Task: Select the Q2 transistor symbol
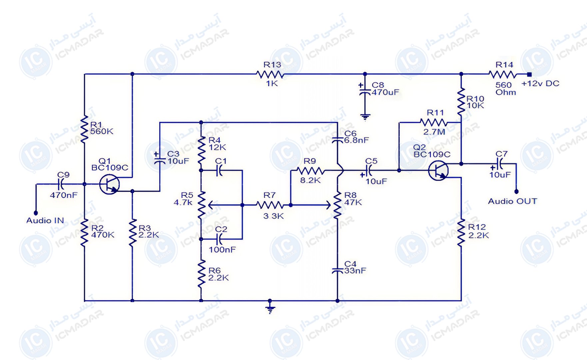click(x=438, y=170)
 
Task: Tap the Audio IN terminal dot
click(x=36, y=213)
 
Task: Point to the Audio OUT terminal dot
click(x=516, y=192)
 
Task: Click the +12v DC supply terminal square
click(x=529, y=74)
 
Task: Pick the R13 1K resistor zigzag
click(x=270, y=74)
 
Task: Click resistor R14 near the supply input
click(x=503, y=74)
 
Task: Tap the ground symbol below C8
click(x=365, y=117)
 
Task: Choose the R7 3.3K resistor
click(x=270, y=205)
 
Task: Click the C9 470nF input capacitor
click(x=61, y=184)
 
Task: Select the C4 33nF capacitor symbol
click(x=337, y=270)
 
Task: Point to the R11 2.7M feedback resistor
click(x=434, y=122)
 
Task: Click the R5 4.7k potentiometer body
click(x=201, y=205)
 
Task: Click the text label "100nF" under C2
click(x=222, y=249)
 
